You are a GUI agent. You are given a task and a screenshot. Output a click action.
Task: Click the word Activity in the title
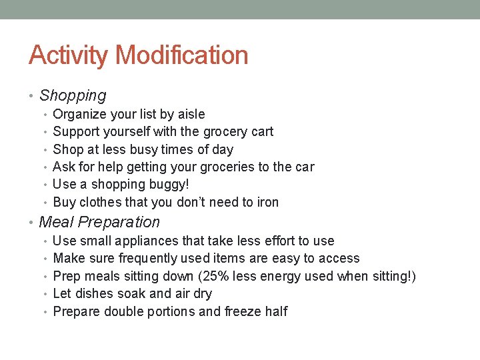[x=67, y=55]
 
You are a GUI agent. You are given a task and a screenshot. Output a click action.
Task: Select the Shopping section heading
[x=73, y=96]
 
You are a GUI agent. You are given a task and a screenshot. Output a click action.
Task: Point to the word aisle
[x=191, y=115]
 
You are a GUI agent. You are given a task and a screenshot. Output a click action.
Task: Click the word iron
[x=267, y=202]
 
